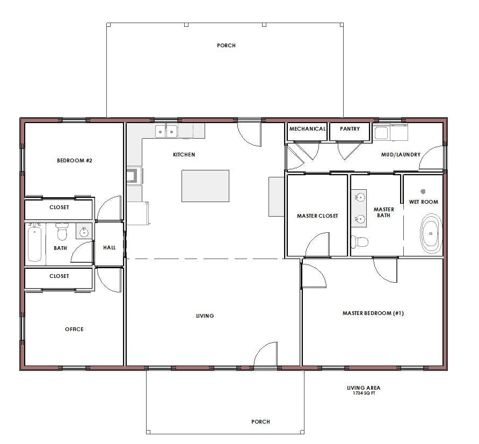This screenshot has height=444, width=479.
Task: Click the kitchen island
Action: [x=205, y=186]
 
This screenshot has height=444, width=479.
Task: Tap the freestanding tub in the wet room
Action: [x=431, y=233]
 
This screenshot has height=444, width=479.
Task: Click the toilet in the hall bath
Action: [x=62, y=232]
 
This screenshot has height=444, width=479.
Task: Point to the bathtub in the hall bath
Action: [x=34, y=242]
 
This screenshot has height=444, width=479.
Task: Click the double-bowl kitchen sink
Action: [x=166, y=132]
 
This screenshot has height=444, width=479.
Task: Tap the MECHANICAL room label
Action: [x=307, y=128]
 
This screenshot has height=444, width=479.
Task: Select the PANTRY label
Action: [x=350, y=128]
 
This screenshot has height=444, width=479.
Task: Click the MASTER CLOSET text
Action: [x=317, y=216]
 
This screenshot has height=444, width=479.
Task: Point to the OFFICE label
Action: [x=74, y=330]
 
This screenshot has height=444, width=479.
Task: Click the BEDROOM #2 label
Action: [x=75, y=161]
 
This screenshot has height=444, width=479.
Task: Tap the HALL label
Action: [x=110, y=248]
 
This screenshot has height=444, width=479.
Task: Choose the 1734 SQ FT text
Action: [x=364, y=393]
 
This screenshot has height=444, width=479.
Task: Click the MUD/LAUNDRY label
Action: [x=401, y=155]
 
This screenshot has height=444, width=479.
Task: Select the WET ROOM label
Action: [x=423, y=202]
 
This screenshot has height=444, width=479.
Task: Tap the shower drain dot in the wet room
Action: [x=423, y=191]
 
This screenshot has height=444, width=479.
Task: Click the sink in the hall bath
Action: [x=83, y=232]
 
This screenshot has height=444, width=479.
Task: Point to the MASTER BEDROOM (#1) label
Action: [x=373, y=313]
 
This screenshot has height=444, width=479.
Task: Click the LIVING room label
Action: [x=205, y=316]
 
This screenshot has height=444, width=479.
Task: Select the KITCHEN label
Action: [x=184, y=155]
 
